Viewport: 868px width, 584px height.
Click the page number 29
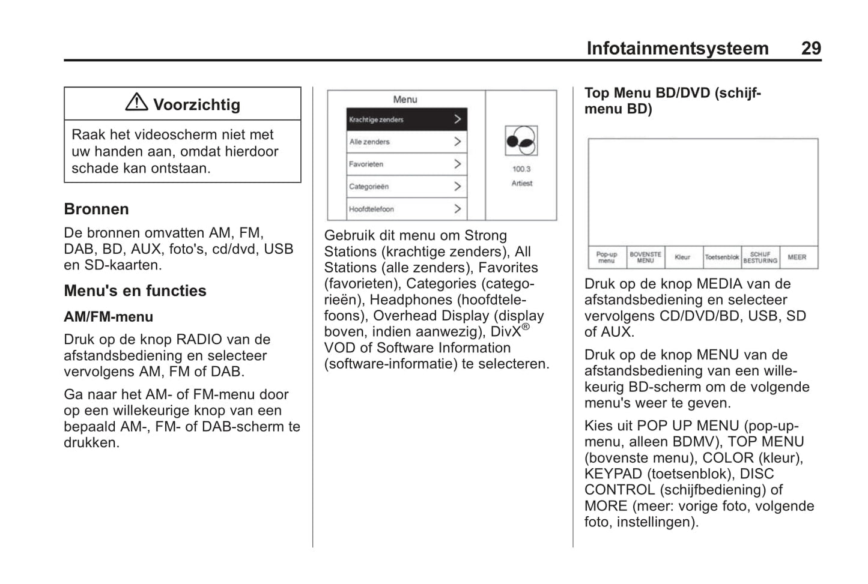pyautogui.click(x=810, y=48)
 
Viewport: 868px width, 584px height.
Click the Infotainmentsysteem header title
pyautogui.click(x=677, y=48)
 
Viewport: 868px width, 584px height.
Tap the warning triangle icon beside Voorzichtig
pyautogui.click(x=136, y=103)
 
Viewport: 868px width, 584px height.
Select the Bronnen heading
pyautogui.click(x=96, y=209)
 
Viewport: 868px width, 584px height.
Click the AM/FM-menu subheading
pyautogui.click(x=108, y=316)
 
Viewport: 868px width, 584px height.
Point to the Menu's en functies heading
pyautogui.click(x=135, y=290)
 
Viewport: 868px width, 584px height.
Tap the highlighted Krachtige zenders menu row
pyautogui.click(x=406, y=119)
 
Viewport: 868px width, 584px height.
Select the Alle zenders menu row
pyautogui.click(x=406, y=142)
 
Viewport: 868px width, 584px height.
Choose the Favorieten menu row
pyautogui.click(x=406, y=164)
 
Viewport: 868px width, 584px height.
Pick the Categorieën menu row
pyautogui.click(x=406, y=186)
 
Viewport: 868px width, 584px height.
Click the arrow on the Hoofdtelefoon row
pyautogui.click(x=457, y=209)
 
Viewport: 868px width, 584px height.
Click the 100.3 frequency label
pyautogui.click(x=521, y=169)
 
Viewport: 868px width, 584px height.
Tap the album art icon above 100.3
pyautogui.click(x=521, y=141)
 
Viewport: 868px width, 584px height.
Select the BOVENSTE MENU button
pyautogui.click(x=645, y=257)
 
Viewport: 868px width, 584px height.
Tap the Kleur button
pyautogui.click(x=682, y=257)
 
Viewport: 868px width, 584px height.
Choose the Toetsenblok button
pyautogui.click(x=721, y=257)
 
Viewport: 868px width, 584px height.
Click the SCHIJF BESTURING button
pyautogui.click(x=760, y=257)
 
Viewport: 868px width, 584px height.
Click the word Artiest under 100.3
pyautogui.click(x=521, y=184)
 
